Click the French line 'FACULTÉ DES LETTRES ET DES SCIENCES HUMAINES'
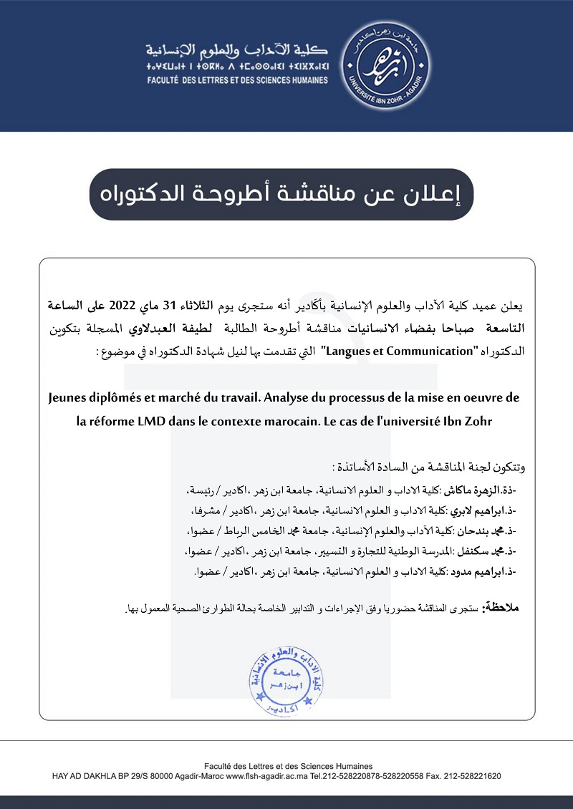[x=236, y=80]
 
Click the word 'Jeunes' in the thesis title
[x=72, y=397]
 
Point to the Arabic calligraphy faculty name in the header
[x=236, y=50]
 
